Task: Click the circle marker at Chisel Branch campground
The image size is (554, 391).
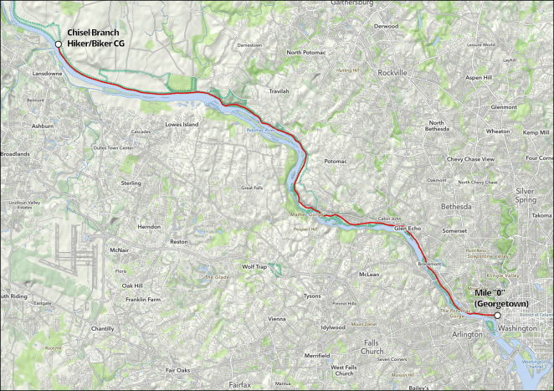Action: (x=58, y=44)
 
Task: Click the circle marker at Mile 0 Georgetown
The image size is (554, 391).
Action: (x=497, y=316)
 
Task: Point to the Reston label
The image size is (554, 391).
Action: (x=179, y=242)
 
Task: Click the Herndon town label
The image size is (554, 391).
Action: (x=148, y=227)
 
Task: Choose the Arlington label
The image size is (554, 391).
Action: (x=467, y=334)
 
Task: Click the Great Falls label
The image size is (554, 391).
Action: (x=254, y=188)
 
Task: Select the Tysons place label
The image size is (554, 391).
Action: (x=311, y=296)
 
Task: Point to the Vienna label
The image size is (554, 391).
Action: (x=276, y=319)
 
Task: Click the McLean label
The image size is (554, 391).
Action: (x=368, y=274)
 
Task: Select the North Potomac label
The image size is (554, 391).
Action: (x=305, y=52)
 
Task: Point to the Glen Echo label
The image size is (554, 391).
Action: (x=406, y=227)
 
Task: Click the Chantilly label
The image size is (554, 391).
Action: (x=101, y=329)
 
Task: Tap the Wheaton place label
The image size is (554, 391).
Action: (x=497, y=131)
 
